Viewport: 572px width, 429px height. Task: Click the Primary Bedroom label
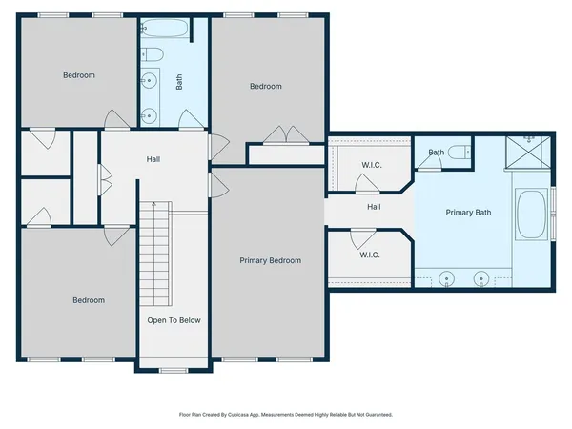pyautogui.click(x=270, y=260)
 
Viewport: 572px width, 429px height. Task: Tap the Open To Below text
pyautogui.click(x=174, y=320)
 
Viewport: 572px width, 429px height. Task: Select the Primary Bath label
pyautogui.click(x=468, y=213)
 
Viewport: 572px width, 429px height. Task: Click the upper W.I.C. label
pyautogui.click(x=371, y=165)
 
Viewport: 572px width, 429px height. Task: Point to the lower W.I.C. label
pyautogui.click(x=371, y=255)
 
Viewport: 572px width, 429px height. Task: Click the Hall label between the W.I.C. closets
pyautogui.click(x=374, y=207)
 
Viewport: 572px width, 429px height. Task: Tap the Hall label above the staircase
pyautogui.click(x=153, y=159)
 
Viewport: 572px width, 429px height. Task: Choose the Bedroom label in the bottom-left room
pyautogui.click(x=89, y=300)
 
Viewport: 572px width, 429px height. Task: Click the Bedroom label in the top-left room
pyautogui.click(x=79, y=75)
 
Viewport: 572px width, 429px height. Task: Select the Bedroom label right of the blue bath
pyautogui.click(x=266, y=87)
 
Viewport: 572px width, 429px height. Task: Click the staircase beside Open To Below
pyautogui.click(x=154, y=253)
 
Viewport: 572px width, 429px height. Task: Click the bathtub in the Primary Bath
pyautogui.click(x=532, y=215)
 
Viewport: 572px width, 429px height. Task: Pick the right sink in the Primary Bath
pyautogui.click(x=483, y=280)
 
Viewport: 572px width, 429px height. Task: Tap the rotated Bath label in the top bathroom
pyautogui.click(x=179, y=83)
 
